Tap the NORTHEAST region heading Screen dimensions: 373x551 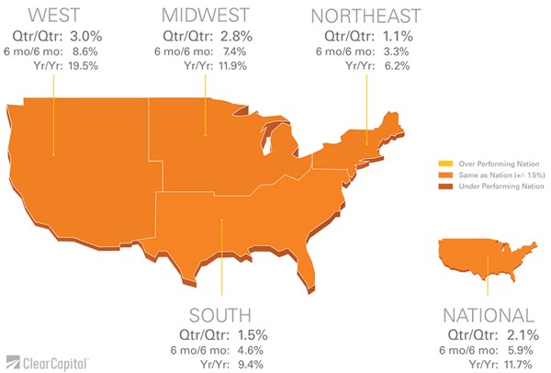[x=365, y=16]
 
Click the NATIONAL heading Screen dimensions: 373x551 [x=487, y=315]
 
